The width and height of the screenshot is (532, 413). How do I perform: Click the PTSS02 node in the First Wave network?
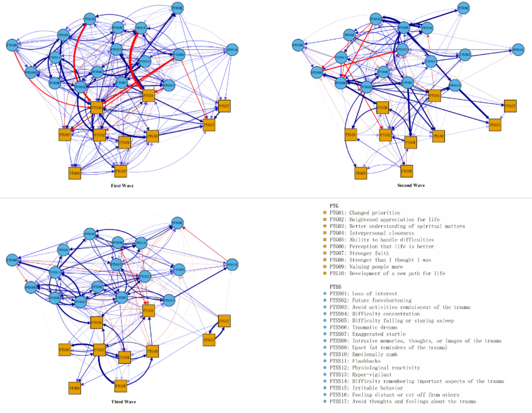coord(177,8)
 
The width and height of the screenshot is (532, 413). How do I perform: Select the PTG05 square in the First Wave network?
coord(75,173)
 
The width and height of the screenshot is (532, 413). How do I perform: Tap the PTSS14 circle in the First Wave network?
coord(232,50)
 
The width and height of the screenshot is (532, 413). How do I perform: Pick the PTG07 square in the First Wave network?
coord(224,106)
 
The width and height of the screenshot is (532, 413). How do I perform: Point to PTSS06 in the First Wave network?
coord(12,45)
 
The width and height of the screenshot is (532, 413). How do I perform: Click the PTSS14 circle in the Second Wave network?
coord(518,50)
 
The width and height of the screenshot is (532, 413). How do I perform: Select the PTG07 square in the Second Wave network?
coord(510,106)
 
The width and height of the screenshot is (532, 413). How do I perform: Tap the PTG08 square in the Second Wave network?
coord(407,171)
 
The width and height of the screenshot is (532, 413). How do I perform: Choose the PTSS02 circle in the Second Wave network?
coord(463,8)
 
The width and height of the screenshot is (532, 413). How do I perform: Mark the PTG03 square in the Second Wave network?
coord(495,125)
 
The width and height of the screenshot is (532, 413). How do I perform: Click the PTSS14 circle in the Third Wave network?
coord(232,264)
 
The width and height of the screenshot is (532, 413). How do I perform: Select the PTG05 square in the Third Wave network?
coord(75,388)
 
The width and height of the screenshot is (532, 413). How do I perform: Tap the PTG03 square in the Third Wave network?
coord(209,340)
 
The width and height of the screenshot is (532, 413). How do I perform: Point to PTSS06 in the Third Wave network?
coord(12,260)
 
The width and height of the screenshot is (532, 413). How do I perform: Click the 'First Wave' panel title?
coord(122,186)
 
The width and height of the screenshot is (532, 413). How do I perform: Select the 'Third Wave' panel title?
coord(123,402)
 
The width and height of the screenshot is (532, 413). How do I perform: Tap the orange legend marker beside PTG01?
coord(325,213)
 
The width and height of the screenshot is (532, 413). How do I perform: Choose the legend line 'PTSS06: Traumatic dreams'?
coord(363,327)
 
